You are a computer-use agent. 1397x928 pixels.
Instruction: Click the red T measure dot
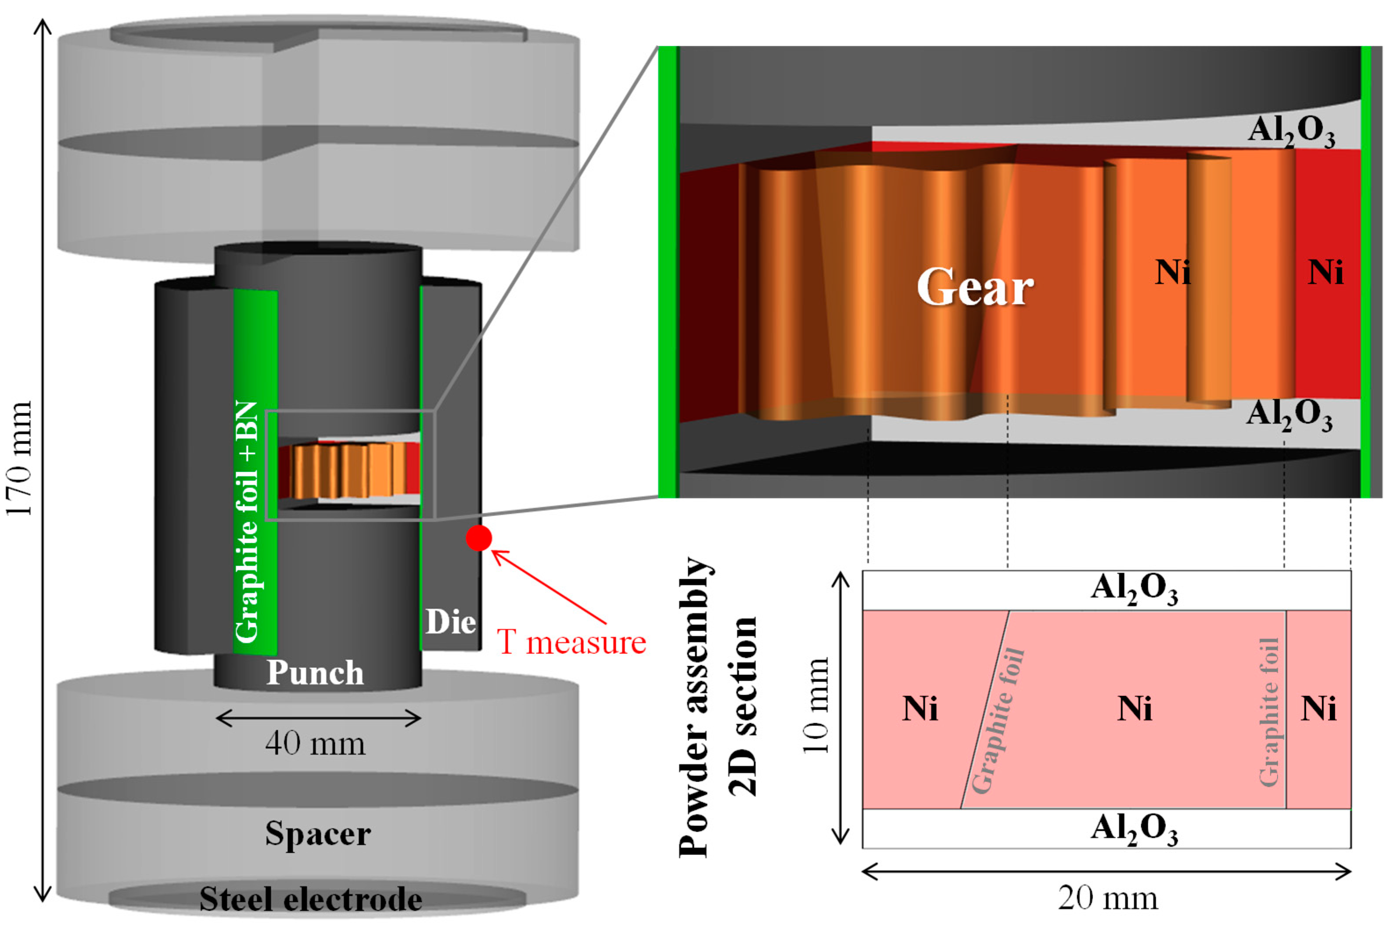(479, 538)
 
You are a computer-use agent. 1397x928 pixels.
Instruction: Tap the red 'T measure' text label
(571, 643)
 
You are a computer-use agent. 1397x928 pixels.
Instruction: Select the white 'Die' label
(450, 622)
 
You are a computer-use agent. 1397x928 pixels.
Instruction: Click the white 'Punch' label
(315, 673)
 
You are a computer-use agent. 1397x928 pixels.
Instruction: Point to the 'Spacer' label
(318, 833)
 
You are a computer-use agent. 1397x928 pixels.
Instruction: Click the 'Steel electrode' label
(311, 899)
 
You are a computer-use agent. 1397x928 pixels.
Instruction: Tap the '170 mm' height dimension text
(19, 459)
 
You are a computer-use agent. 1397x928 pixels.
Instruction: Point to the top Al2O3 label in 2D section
(1134, 590)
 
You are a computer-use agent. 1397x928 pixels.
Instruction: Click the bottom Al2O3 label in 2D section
(1134, 829)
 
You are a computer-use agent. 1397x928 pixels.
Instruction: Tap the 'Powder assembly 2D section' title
(717, 707)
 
